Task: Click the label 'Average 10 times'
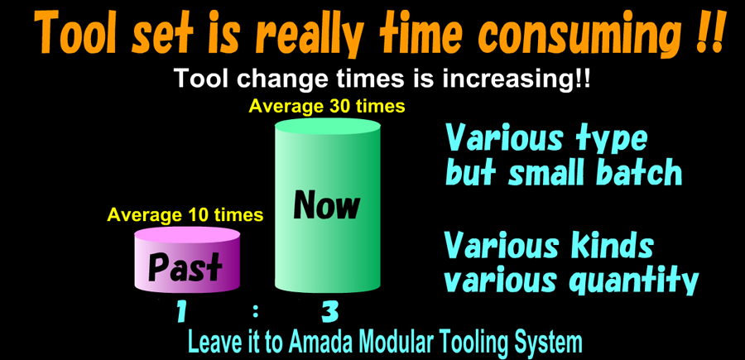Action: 185,215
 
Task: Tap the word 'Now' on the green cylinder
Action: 327,205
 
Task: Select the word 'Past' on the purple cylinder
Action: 185,268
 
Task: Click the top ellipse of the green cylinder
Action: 328,127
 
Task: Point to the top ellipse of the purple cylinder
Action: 187,236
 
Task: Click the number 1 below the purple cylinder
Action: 180,314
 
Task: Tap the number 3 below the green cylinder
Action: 329,314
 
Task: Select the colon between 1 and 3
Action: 256,312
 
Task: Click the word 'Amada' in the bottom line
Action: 321,342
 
